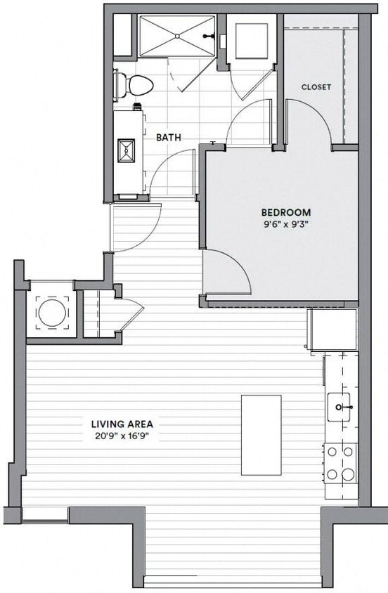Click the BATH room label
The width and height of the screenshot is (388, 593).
169,138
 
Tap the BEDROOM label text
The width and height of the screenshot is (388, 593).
285,212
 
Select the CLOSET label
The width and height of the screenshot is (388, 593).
316,87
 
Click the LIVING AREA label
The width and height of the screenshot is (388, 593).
122,424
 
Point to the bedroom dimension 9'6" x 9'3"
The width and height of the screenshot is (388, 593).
285,225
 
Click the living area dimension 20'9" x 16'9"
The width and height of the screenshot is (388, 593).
122,436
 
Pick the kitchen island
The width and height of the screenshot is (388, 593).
261,435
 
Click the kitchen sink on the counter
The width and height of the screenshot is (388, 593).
342,406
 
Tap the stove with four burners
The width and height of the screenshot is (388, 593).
340,464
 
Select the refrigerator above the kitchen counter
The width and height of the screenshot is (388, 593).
332,328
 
